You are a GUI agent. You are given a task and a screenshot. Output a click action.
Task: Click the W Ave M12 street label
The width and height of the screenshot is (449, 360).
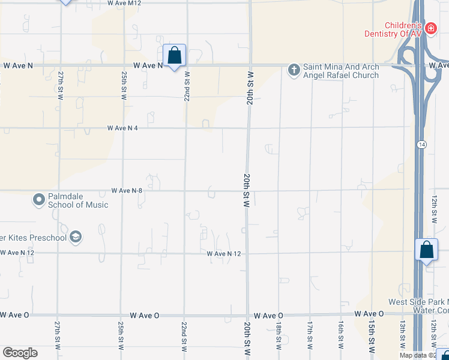[124, 3]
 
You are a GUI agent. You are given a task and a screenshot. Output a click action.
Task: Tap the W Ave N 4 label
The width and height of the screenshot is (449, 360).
[124, 128]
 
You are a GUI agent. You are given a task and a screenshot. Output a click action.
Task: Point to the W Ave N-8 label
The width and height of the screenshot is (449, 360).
[127, 191]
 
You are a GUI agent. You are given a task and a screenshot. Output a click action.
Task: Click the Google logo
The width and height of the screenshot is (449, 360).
[20, 353]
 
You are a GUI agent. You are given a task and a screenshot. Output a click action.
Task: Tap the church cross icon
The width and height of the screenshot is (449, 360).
[294, 70]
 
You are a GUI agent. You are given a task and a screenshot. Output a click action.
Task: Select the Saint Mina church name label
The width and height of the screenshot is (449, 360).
[340, 71]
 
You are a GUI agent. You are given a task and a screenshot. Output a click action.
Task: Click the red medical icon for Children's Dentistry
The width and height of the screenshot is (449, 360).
[430, 28]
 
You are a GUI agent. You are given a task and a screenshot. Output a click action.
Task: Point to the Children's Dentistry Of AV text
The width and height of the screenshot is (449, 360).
[393, 29]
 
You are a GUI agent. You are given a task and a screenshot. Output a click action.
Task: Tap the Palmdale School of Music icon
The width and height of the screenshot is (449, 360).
[39, 199]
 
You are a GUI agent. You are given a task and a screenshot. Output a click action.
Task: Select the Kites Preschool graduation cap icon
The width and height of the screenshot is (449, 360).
[76, 237]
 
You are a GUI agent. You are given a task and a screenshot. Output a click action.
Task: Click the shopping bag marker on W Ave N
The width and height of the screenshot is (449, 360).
[174, 56]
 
